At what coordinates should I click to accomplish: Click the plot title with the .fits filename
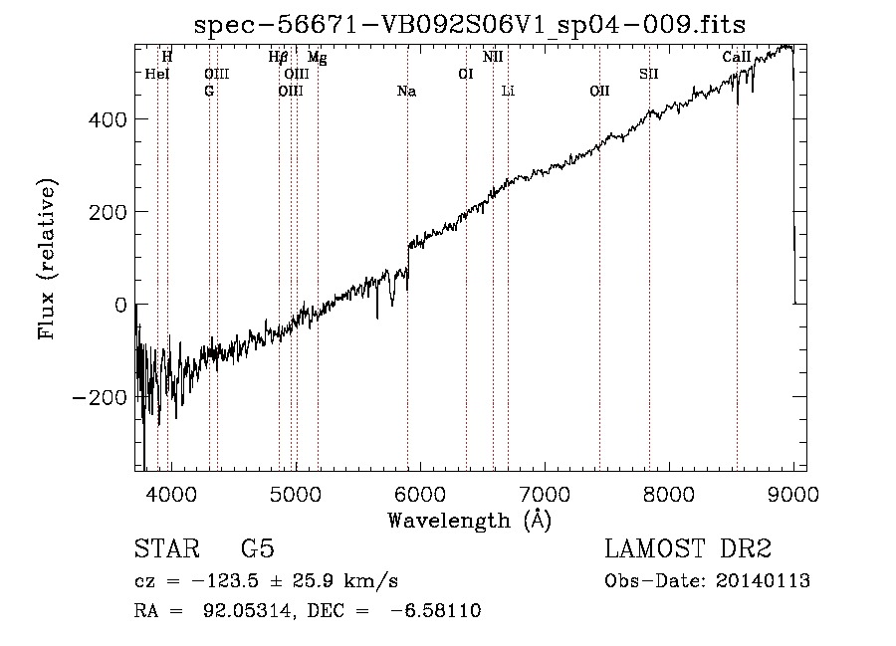[470, 25]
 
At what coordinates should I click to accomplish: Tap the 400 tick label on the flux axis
[108, 120]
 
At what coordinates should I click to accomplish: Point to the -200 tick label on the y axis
[100, 397]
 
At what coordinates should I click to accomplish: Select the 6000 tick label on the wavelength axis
[420, 494]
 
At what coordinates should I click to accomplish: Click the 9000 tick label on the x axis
[793, 494]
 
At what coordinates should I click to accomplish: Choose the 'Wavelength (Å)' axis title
[470, 521]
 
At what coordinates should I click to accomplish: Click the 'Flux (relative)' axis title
[47, 259]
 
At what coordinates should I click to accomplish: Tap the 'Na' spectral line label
[407, 92]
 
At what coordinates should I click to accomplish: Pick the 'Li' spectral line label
[508, 91]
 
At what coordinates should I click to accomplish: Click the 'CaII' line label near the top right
[737, 57]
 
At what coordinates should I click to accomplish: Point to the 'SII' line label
[649, 74]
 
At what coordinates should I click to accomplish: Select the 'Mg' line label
[318, 57]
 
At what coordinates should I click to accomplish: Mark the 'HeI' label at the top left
[157, 74]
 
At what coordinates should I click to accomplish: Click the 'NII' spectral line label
[493, 57]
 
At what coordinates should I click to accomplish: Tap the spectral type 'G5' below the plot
[258, 548]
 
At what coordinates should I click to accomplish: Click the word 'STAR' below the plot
[167, 548]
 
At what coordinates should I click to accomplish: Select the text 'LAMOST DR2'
[688, 548]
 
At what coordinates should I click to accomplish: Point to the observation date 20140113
[763, 581]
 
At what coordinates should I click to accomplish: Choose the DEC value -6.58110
[436, 610]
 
